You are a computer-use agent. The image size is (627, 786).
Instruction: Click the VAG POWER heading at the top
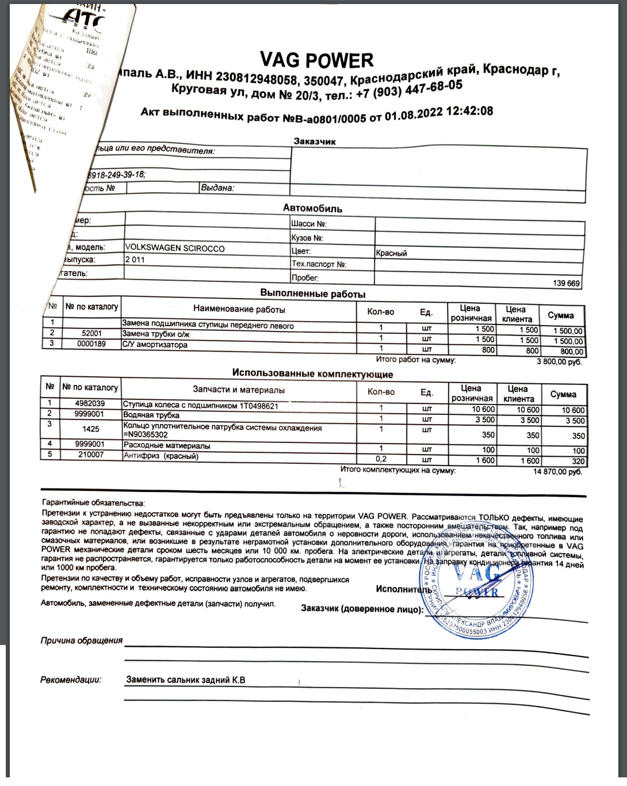[316, 60]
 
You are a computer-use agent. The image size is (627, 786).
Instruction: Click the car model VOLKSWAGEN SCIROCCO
[175, 248]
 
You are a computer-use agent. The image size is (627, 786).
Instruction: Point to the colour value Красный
[391, 253]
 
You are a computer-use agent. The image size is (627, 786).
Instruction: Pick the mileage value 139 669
[566, 283]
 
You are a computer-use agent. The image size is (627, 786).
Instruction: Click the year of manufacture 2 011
[135, 260]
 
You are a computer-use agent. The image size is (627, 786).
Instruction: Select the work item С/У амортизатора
[155, 345]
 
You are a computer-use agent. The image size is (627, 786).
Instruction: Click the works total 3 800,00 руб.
[559, 362]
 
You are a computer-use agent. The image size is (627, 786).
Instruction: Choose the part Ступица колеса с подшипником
[200, 406]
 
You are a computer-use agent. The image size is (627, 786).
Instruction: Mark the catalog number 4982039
[90, 403]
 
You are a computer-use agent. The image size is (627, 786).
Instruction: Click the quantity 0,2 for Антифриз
[381, 459]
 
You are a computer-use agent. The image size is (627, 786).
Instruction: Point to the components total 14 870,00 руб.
[557, 472]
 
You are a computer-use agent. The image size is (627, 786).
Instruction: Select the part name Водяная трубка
[151, 415]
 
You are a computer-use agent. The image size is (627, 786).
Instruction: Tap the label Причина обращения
[81, 640]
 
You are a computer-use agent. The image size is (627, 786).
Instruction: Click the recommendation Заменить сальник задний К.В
[185, 680]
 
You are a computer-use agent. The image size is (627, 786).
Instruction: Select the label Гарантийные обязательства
[93, 503]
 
